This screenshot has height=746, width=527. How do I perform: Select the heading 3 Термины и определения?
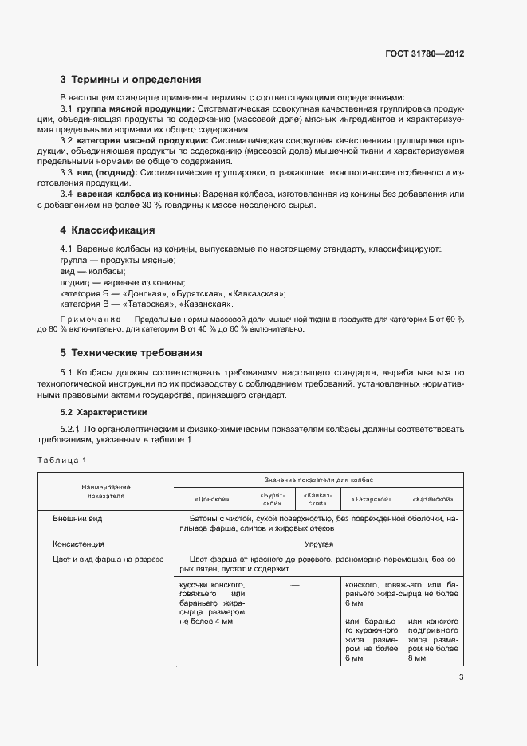pos(131,80)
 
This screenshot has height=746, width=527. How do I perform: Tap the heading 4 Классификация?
pos(108,230)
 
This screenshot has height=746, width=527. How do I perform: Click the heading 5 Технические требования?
pos(132,352)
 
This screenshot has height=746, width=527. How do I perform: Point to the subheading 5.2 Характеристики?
pos(104,413)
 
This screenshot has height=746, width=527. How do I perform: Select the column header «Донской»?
pos(211,499)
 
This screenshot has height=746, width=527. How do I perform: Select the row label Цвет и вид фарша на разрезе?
pos(108,559)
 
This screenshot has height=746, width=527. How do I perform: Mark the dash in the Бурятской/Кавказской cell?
pos(295,586)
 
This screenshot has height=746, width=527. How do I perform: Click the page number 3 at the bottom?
pos(461,678)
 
